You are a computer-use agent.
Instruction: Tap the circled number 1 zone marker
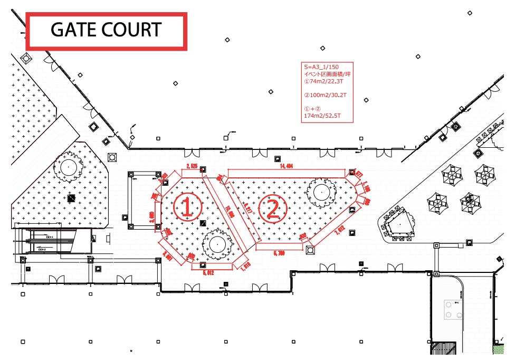click(187, 206)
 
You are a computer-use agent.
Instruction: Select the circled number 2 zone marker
click(273, 209)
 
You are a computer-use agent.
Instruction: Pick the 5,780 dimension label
click(279, 253)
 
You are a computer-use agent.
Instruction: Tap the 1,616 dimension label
click(245, 266)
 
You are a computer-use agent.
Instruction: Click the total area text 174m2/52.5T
click(322, 116)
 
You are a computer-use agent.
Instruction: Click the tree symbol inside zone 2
click(321, 193)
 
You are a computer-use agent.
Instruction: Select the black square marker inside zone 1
click(203, 223)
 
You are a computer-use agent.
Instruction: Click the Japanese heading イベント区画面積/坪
click(327, 74)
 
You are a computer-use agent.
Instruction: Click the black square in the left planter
click(71, 198)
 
